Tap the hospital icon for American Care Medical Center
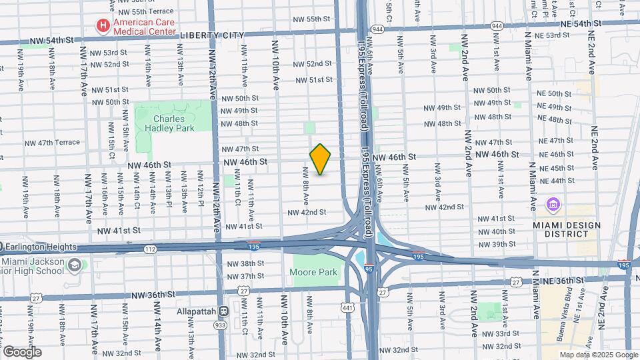(x=103, y=26)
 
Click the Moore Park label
(x=313, y=272)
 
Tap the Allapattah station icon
(x=223, y=311)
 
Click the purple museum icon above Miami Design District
(x=553, y=203)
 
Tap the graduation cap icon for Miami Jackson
(x=75, y=265)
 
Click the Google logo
(x=22, y=352)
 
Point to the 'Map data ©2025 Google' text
(x=598, y=355)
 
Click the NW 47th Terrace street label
(x=53, y=143)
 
